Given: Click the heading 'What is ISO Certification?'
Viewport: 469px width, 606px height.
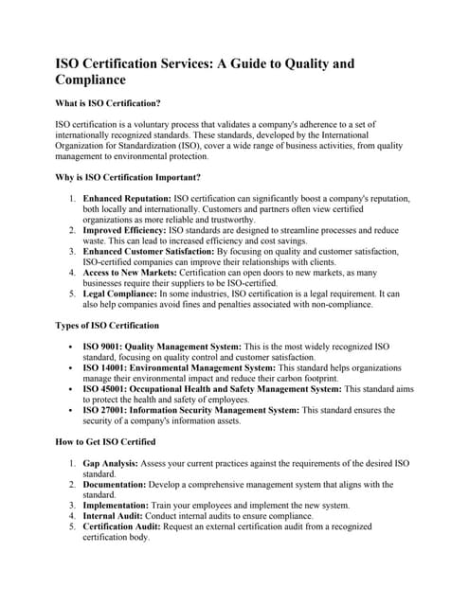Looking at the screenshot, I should tap(108, 102).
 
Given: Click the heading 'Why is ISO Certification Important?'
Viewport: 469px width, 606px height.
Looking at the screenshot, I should tap(128, 177).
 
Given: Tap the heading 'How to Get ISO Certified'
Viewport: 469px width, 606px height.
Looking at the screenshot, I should tap(105, 441).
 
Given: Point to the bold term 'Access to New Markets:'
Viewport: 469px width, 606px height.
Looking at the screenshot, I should tap(130, 273).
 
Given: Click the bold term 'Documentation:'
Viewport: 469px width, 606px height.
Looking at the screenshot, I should tap(115, 485).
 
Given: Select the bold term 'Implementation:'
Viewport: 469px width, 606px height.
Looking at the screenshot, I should tap(117, 506).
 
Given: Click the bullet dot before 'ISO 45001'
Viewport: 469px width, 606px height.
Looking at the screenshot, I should tap(72, 389).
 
